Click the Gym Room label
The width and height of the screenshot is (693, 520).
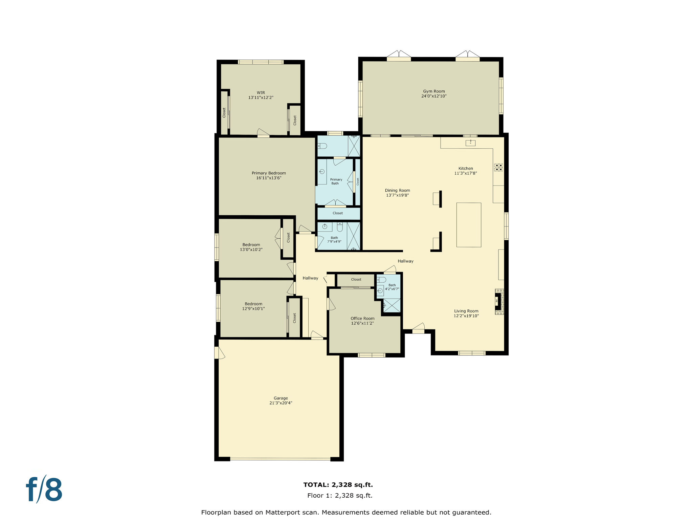coord(434,91)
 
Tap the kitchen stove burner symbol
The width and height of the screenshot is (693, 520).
coord(498,167)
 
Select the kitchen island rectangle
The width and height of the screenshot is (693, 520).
coord(469,225)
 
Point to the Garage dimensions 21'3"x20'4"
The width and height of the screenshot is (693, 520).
coord(281,403)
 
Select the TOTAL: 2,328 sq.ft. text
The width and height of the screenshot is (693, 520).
coord(338,484)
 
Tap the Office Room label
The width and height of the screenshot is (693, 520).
coord(362,318)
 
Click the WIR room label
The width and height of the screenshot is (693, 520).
coord(261,93)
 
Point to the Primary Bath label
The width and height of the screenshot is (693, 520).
coord(336,181)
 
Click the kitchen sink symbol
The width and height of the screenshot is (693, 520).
coord(470,143)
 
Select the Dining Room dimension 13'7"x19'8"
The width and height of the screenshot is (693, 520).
coord(397,195)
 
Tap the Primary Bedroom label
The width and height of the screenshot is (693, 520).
coord(269,173)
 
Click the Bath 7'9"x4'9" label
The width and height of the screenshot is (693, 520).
coord(334,240)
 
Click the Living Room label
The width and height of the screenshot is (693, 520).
coord(466,311)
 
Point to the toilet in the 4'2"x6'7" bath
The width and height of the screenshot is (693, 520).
coord(381,280)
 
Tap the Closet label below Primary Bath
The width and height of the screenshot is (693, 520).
coord(337,213)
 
